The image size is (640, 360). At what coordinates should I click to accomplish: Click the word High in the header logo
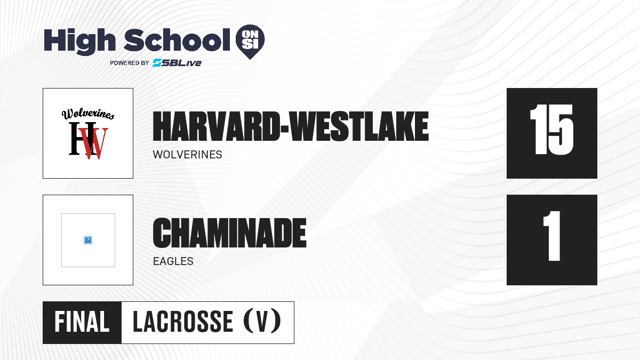(x=80, y=41)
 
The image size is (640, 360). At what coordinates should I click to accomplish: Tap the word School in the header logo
(x=177, y=40)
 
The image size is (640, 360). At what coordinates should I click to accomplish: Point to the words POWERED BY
(x=130, y=63)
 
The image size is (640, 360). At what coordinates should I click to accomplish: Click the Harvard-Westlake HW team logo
(x=88, y=133)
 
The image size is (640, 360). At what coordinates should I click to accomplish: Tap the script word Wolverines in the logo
(x=88, y=114)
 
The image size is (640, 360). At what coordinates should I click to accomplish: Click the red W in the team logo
(x=93, y=143)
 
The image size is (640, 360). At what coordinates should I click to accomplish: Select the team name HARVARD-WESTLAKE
(x=291, y=126)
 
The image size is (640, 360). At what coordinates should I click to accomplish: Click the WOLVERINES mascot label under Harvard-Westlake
(x=187, y=155)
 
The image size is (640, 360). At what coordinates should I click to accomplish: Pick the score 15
(x=551, y=130)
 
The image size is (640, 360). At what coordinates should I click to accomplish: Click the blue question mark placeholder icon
(x=88, y=240)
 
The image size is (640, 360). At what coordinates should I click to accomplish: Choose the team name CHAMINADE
(x=229, y=233)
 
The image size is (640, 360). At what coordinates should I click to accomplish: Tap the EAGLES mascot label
(x=173, y=261)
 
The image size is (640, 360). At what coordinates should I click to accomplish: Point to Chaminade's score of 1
(x=552, y=236)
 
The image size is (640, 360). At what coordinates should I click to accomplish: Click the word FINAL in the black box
(x=82, y=322)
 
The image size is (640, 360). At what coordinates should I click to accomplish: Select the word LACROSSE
(x=183, y=322)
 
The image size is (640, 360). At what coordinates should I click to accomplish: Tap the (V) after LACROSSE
(x=262, y=321)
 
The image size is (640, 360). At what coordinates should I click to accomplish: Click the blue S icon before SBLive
(x=157, y=62)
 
